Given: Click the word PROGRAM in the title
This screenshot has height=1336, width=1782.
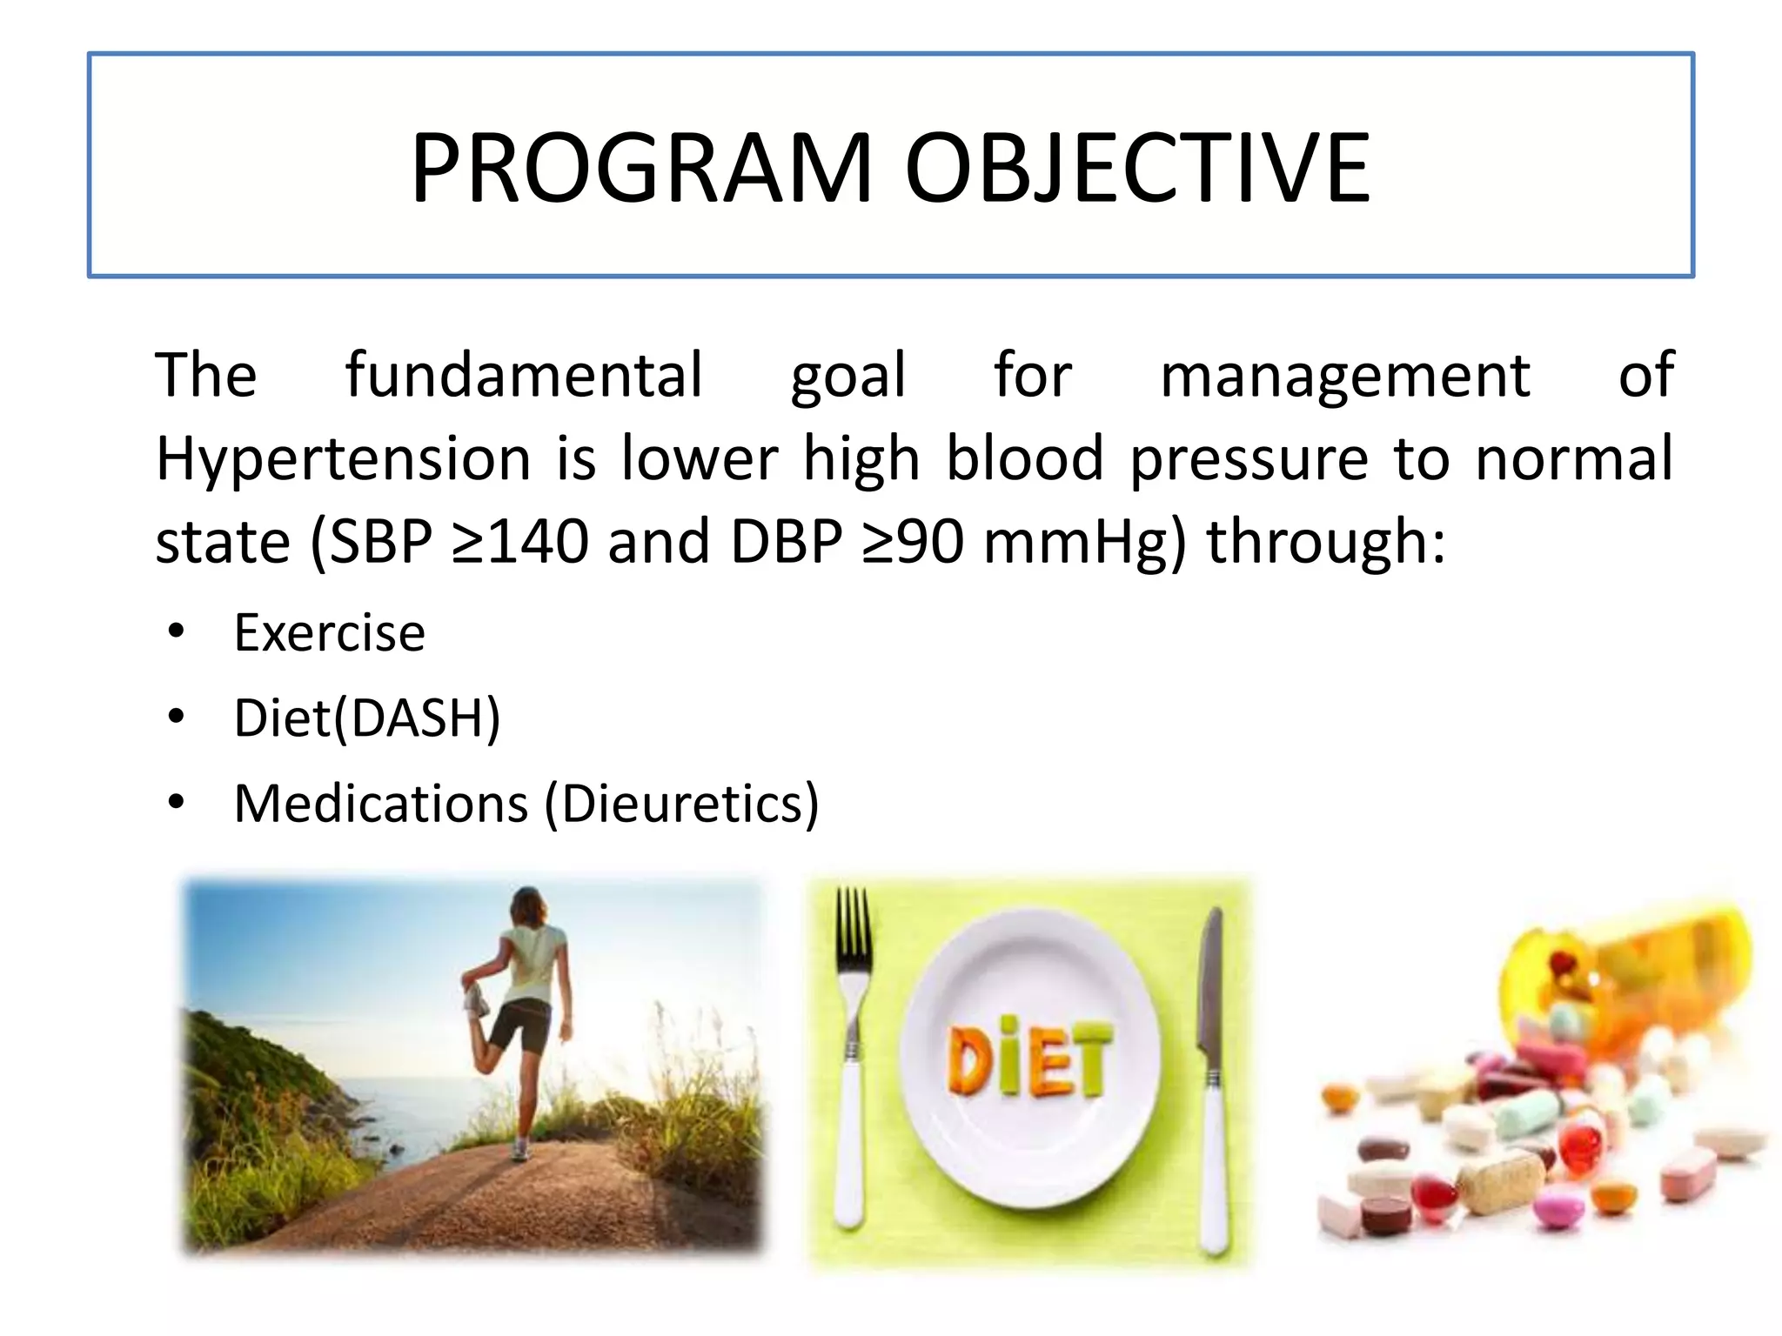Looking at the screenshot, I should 641,168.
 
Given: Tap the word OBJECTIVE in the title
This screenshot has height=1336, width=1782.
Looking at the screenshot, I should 1137,168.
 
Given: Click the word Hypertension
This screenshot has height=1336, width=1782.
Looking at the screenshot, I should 343,459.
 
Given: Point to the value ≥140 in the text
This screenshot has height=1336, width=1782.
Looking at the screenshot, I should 520,542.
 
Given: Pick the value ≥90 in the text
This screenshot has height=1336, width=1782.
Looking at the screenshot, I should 914,542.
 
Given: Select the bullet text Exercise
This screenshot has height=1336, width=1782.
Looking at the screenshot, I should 330,632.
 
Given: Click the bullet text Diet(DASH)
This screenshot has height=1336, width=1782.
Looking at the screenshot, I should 367,718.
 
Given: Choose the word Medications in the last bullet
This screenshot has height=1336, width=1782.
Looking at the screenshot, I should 381,803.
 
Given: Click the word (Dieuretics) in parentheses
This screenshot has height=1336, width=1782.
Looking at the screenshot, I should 681,804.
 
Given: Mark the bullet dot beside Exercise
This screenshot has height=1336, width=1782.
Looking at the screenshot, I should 177,632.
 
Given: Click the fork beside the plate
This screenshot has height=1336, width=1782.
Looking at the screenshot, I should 850,1044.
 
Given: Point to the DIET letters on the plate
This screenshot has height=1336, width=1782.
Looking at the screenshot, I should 1029,1059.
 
